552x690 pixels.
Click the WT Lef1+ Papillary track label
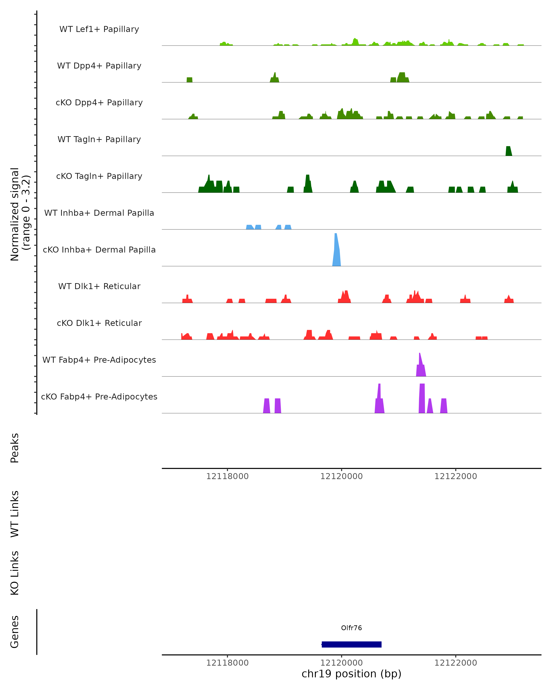[99, 29]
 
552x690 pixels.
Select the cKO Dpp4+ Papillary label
[99, 103]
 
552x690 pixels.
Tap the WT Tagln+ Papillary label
[99, 140]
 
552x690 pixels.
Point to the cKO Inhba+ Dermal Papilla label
[99, 250]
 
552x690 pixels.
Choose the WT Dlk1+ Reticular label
[99, 286]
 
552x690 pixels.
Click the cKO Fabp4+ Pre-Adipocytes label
[99, 397]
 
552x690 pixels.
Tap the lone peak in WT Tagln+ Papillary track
[509, 151]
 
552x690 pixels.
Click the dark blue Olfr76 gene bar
[351, 644]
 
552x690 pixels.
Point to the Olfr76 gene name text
[351, 628]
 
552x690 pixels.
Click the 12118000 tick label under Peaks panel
[227, 477]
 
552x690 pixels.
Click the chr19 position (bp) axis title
[351, 674]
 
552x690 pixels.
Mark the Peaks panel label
[15, 448]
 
